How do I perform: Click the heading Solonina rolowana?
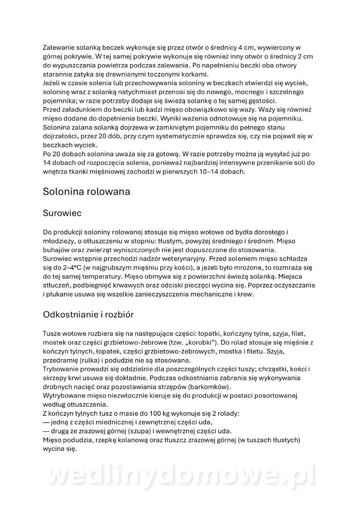(86, 191)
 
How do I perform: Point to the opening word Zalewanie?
(59, 48)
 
